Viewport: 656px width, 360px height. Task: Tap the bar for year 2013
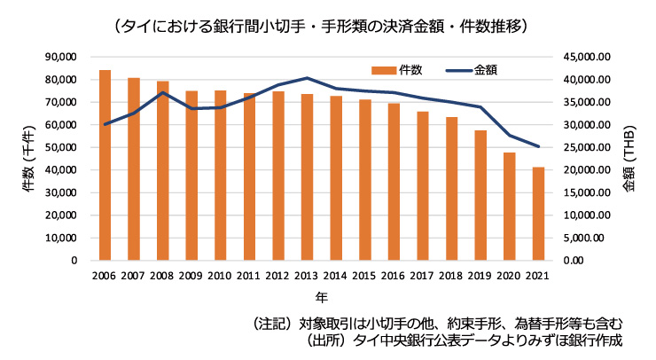click(x=307, y=177)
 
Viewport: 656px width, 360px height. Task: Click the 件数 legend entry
click(x=398, y=69)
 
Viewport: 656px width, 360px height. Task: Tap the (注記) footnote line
click(x=439, y=322)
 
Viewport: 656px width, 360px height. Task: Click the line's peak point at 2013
click(x=307, y=78)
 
